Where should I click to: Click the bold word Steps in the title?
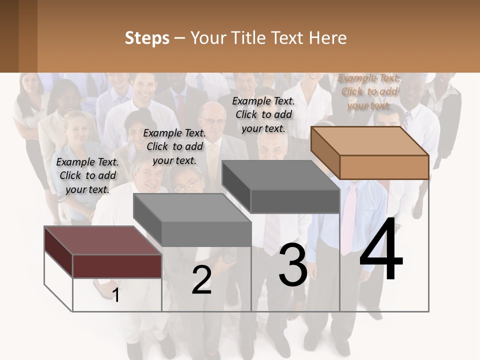click(147, 38)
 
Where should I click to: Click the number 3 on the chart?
click(292, 265)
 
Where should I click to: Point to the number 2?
click(201, 280)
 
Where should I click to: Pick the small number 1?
click(116, 295)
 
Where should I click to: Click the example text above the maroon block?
click(87, 175)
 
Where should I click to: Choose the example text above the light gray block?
click(174, 146)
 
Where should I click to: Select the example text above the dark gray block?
click(263, 114)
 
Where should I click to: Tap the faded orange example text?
click(369, 91)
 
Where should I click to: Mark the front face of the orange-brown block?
click(384, 166)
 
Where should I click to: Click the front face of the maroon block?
click(117, 265)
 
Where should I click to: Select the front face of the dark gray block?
click(295, 201)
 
